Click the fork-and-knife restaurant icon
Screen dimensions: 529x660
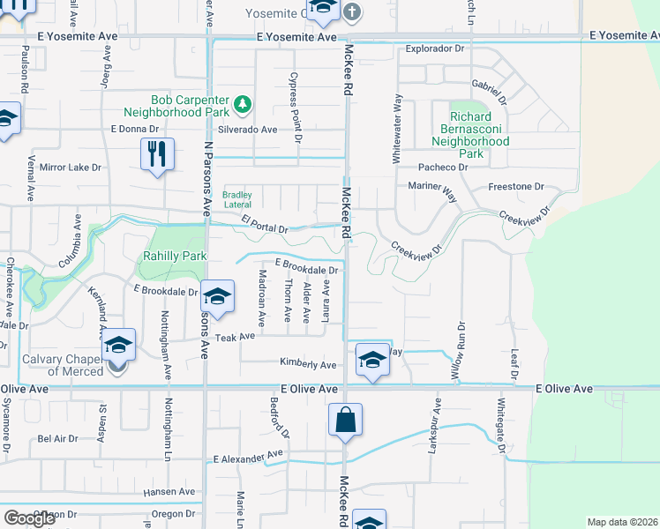157,154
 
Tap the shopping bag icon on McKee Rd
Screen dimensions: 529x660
346,421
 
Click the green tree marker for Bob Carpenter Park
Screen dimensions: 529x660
243,106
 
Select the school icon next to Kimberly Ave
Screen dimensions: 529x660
372,359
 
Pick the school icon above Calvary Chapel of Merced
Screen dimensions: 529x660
117,345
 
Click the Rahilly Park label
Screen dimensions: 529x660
175,256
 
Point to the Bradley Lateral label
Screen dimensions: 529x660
237,199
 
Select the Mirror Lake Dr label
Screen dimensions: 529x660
71,166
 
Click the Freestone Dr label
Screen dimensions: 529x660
517,187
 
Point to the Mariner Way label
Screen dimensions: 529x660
432,187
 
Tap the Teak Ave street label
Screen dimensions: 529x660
235,337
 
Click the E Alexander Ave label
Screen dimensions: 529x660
247,458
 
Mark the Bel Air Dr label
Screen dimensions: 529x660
57,437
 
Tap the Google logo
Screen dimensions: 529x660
29,518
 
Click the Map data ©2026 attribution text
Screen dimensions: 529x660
622,522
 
